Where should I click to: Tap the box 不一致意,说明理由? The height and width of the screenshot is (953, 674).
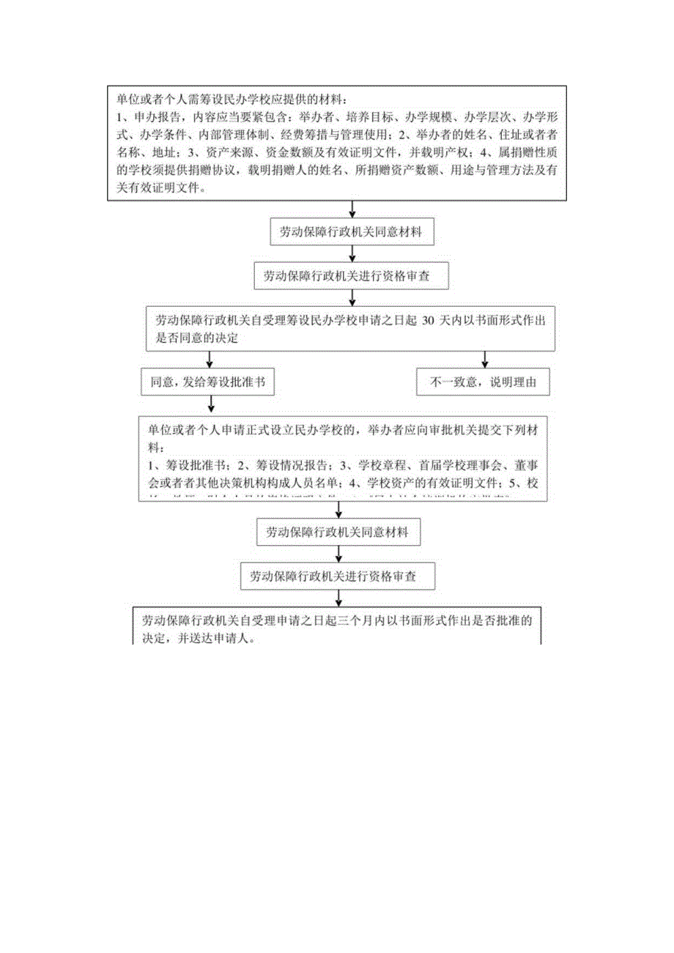click(482, 382)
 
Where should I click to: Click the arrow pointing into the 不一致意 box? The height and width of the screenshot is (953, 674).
click(484, 360)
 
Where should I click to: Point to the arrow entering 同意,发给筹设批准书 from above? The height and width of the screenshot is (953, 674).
click(211, 360)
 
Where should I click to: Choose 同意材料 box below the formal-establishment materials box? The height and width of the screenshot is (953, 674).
click(339, 533)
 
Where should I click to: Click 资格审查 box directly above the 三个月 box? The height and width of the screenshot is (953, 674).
click(338, 576)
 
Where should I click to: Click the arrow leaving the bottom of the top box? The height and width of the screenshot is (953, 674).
click(353, 209)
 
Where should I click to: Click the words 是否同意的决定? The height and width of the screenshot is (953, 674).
click(197, 338)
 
